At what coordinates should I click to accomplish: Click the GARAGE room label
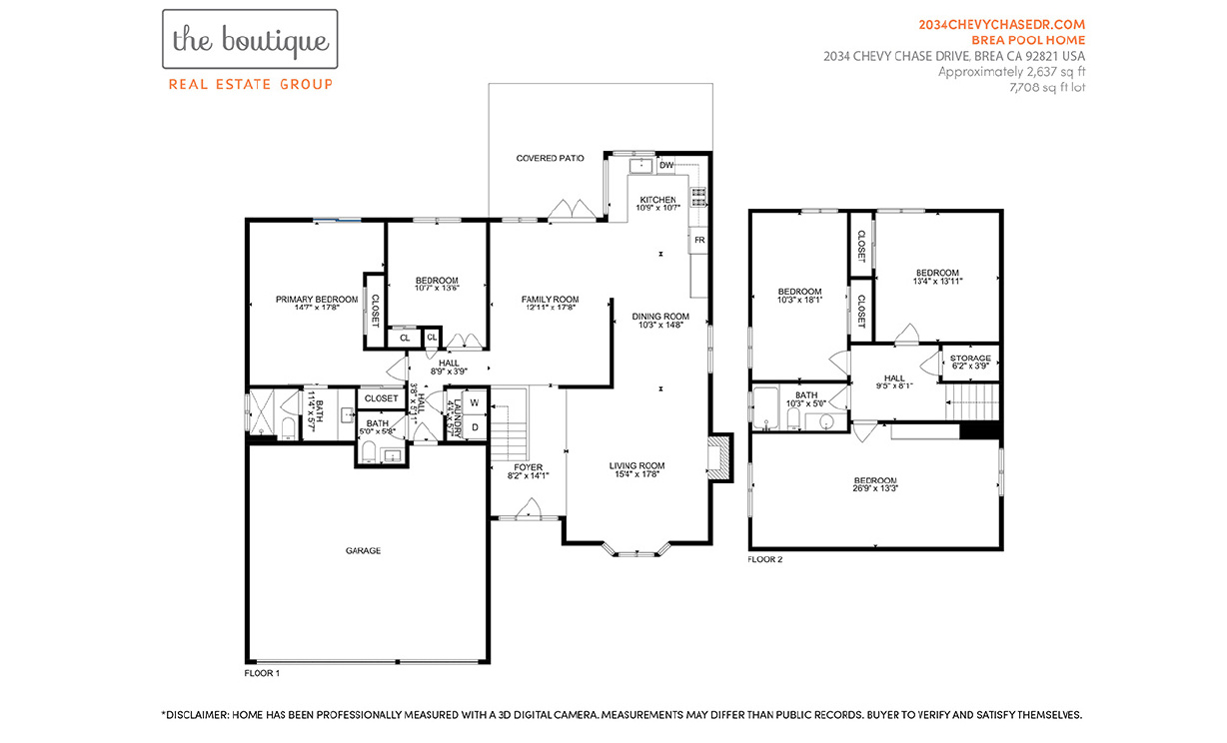[363, 550]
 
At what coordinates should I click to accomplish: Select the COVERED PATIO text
[550, 158]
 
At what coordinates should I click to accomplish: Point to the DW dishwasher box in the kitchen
[666, 165]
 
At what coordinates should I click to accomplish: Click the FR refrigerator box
[699, 241]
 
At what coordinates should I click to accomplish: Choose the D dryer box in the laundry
[475, 427]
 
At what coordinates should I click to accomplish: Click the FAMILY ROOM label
[550, 300]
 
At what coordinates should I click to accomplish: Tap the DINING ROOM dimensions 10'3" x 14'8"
[660, 325]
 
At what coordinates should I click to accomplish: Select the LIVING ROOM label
[636, 465]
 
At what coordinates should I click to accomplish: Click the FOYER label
[528, 466]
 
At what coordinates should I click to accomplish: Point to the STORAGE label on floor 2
[970, 359]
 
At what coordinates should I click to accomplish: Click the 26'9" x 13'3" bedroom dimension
[874, 488]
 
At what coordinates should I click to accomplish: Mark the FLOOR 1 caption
[262, 673]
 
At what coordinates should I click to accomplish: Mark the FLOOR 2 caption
[765, 559]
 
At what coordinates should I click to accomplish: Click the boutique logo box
[250, 41]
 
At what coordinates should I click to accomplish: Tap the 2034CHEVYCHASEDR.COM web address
[1001, 24]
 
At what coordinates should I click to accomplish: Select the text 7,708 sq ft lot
[1047, 88]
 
